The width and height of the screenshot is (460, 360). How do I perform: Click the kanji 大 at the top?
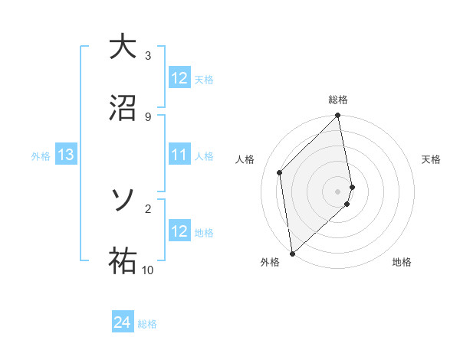(121, 47)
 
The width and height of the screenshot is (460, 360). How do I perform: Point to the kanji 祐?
(121, 260)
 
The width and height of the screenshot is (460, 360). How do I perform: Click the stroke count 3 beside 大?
(148, 55)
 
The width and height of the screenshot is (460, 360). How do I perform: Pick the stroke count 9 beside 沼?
(148, 116)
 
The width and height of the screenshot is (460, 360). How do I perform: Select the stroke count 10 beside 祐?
(148, 270)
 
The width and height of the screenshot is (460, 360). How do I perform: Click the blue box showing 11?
(179, 155)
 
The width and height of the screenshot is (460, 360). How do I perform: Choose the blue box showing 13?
(66, 155)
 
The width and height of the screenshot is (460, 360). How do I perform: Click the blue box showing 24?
(123, 323)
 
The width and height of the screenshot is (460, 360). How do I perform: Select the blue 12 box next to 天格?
(179, 78)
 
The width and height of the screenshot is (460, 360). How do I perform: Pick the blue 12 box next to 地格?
(179, 231)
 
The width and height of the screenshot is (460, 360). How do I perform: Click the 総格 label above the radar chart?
(338, 100)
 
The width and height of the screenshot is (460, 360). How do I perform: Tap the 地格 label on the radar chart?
(402, 262)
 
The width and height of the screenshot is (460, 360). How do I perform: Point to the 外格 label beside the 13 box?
(41, 155)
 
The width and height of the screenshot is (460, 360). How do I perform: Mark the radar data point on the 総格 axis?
(338, 116)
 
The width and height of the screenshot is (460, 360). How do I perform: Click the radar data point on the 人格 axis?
(280, 172)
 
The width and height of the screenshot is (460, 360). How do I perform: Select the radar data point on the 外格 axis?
(292, 253)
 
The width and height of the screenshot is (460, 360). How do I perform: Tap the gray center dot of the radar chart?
(338, 191)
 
